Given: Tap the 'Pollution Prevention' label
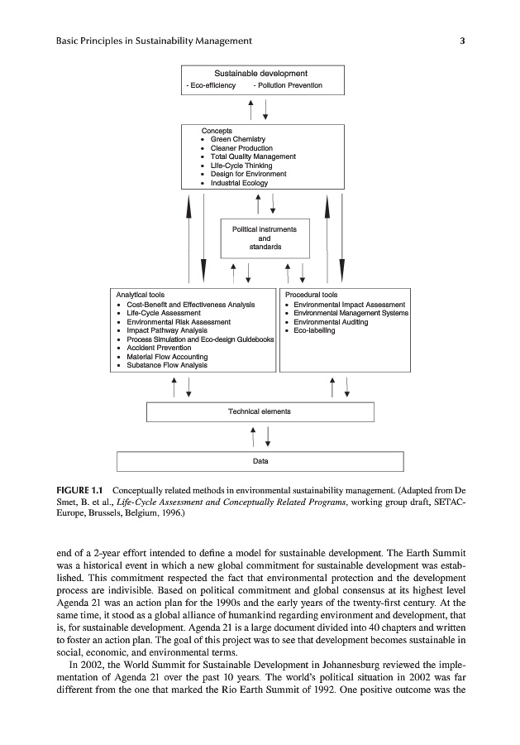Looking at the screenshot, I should pos(289,85).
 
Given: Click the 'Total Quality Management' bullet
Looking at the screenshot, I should pos(253,156).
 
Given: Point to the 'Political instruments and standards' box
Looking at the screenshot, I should pos(265,238).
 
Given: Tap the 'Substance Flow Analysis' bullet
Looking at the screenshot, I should pos(167,365).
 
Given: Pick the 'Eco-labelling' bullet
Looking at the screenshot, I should pos(314,330).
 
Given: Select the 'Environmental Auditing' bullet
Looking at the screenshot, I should pos(331,321).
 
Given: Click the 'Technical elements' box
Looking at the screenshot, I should pos(260,411).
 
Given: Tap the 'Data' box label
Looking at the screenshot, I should pos(260,461).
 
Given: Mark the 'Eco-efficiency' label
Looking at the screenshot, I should pos(212,85).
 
